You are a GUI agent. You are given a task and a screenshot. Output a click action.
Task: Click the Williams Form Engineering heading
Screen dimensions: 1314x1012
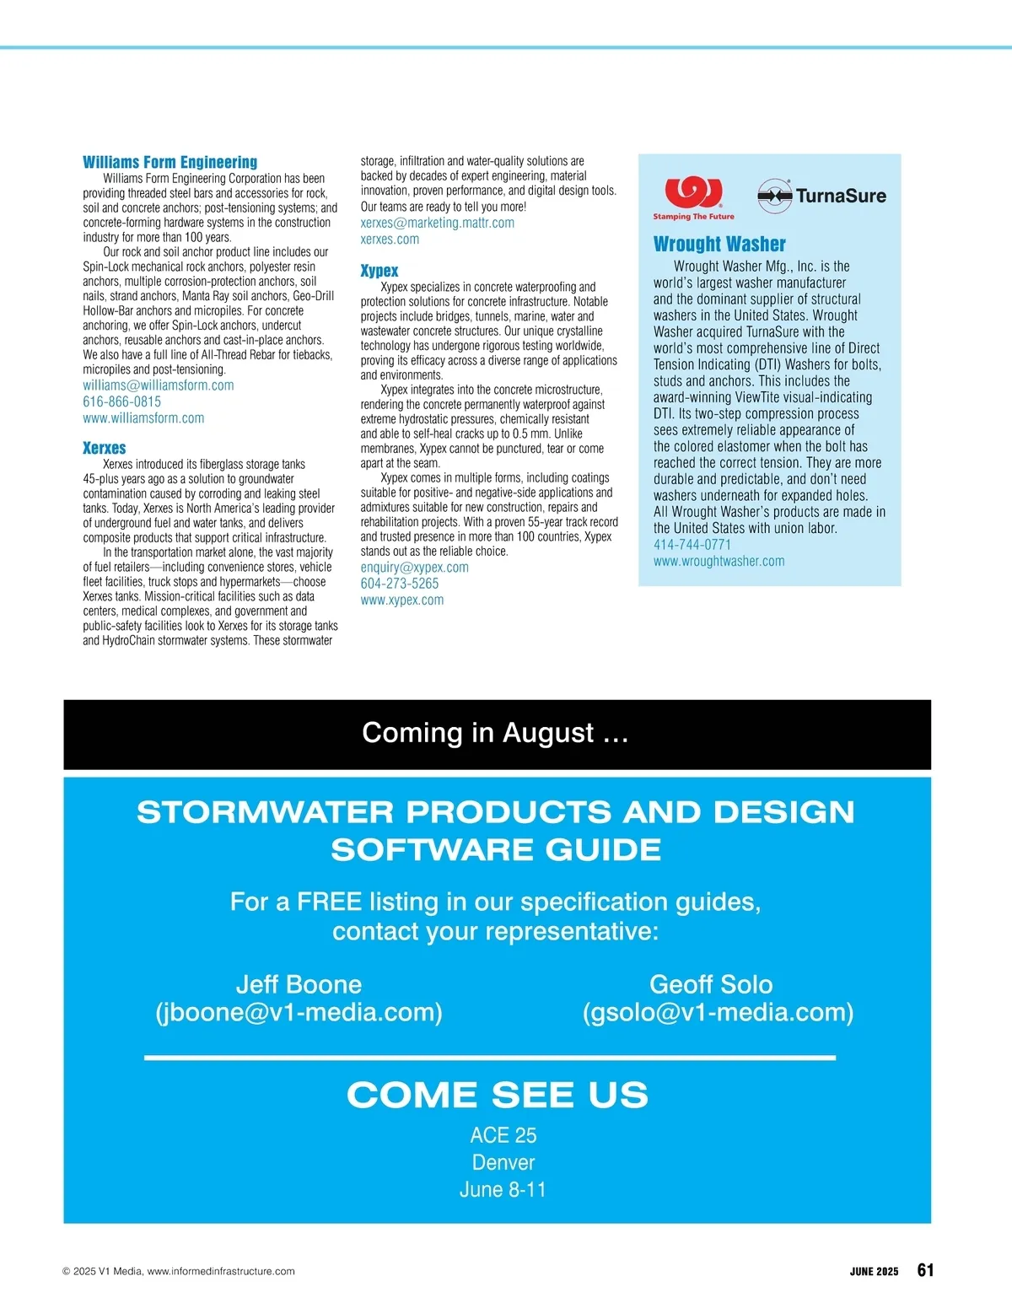[x=170, y=162]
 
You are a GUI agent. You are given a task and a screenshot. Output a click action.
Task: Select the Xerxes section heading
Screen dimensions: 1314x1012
[x=105, y=448]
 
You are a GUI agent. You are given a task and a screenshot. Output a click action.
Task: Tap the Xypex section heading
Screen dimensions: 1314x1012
[x=379, y=271]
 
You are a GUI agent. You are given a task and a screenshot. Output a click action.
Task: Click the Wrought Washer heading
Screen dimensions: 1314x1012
[x=719, y=244]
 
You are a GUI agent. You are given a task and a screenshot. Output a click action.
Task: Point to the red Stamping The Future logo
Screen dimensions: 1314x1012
[x=693, y=198]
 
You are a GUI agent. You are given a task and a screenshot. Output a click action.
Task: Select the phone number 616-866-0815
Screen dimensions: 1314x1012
[x=121, y=401]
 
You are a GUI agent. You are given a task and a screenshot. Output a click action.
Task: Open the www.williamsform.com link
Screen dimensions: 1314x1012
[x=143, y=417]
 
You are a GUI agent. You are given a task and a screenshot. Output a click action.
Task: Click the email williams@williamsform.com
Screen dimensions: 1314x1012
[x=159, y=385]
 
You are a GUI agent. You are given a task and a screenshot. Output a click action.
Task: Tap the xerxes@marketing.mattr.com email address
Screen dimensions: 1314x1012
[x=437, y=223]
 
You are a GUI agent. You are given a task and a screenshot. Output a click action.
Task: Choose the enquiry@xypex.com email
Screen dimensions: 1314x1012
[x=414, y=568]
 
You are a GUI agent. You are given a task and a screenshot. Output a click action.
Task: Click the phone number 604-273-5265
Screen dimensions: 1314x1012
[x=400, y=584]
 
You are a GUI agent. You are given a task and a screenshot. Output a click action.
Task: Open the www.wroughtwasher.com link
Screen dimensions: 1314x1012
[x=719, y=561]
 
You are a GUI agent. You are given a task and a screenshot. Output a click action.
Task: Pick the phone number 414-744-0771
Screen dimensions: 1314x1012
[x=692, y=545]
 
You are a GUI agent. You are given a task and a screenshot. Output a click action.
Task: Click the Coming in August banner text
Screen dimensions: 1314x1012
[x=496, y=733]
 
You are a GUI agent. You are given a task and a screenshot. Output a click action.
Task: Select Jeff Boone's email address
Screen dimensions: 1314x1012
[x=299, y=1012]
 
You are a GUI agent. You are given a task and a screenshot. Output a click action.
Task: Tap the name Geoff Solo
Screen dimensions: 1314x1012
[x=711, y=984]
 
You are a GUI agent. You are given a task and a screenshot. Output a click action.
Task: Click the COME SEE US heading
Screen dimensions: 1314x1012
[x=497, y=1095]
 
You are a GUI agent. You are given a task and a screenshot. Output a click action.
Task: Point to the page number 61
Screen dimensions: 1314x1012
[x=925, y=1270]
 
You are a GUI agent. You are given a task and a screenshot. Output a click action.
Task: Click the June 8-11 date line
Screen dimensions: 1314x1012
[x=503, y=1190]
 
